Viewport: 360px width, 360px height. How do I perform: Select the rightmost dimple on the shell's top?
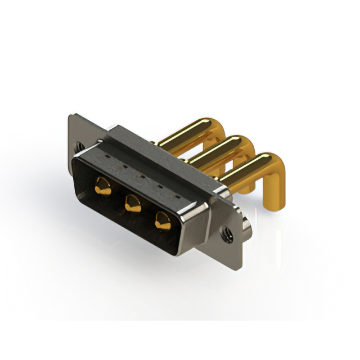(178, 196)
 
